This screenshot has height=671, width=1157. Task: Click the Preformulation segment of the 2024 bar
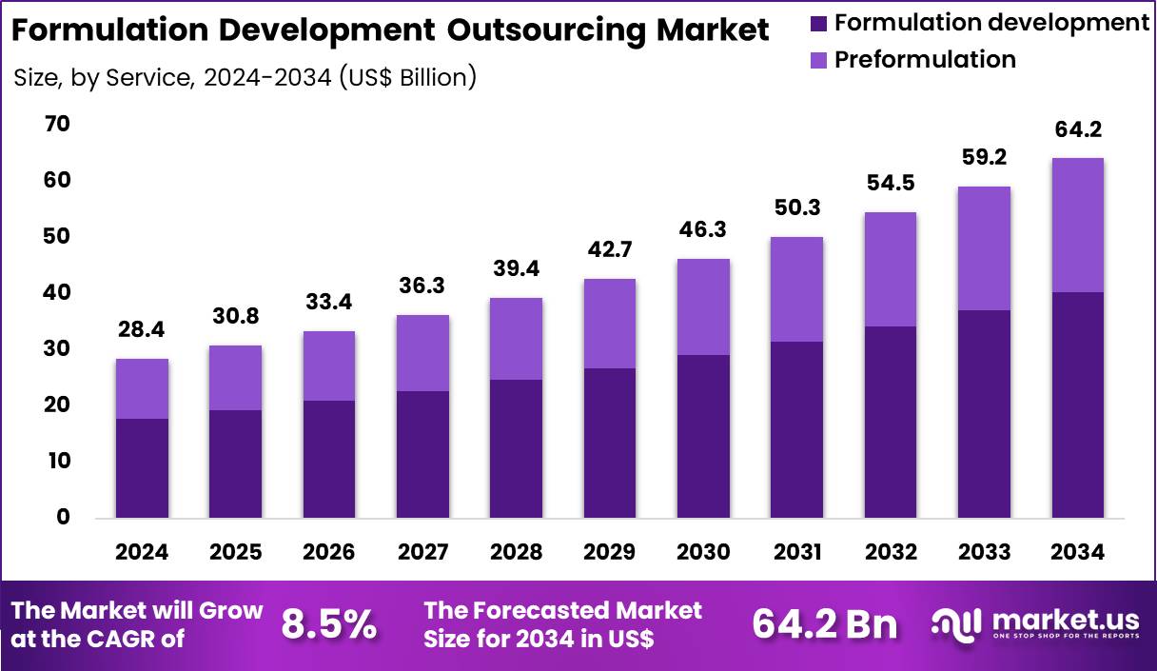[142, 388]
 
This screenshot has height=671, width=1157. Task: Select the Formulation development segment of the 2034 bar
[1078, 405]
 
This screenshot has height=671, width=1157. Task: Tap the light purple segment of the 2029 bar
[610, 324]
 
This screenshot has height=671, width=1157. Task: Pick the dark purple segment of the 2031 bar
[797, 429]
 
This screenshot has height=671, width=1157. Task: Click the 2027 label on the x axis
[422, 552]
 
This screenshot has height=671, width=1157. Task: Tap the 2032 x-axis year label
[891, 552]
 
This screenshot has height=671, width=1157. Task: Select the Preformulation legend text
[925, 59]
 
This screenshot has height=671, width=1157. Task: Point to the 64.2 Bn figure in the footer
[824, 624]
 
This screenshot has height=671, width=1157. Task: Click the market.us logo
[1034, 624]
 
